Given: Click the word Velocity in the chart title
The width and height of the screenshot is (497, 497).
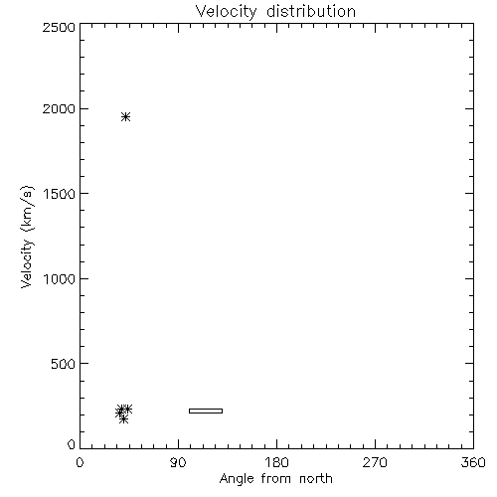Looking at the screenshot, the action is [x=227, y=12].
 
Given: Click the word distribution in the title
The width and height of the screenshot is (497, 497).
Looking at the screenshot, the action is [x=311, y=11].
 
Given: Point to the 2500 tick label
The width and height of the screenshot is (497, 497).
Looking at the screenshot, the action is [x=59, y=27].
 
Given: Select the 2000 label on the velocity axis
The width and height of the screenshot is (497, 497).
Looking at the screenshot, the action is [x=59, y=108].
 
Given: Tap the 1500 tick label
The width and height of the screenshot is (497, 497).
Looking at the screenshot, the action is [x=60, y=194].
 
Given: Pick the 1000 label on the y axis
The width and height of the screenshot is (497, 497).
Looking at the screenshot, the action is [x=60, y=278].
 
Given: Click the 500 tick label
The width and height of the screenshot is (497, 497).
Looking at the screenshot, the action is [x=64, y=364].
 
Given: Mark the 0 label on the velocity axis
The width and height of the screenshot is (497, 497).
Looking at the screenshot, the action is [x=72, y=444].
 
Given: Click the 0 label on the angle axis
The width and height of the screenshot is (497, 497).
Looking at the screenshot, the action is [x=80, y=462].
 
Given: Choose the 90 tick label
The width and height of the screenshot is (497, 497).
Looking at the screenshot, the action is [x=178, y=462].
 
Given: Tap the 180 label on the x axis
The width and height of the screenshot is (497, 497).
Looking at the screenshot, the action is [x=276, y=462].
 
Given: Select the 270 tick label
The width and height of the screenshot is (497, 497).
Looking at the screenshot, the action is [x=375, y=462].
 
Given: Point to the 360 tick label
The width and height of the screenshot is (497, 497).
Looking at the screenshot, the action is [x=473, y=462].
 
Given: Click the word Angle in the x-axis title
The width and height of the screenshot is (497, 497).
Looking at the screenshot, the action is [x=237, y=479].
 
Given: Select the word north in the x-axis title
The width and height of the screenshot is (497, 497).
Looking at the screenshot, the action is [x=316, y=479].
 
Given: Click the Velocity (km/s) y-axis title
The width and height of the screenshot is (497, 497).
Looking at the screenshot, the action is [x=27, y=237].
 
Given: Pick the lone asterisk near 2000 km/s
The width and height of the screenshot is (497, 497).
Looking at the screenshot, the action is [x=125, y=116].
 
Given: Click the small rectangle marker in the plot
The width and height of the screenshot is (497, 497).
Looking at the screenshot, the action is [x=206, y=411].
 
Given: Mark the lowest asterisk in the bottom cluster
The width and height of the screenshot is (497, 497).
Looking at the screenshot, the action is [x=123, y=419].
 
